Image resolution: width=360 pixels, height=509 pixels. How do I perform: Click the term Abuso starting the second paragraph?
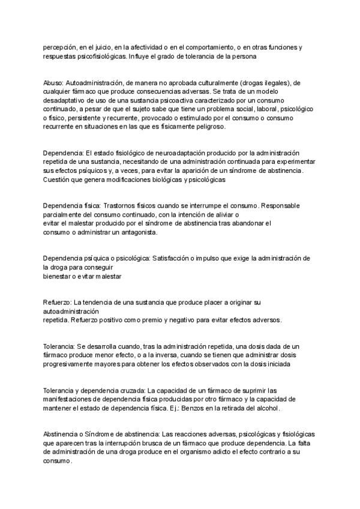coord(53,82)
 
